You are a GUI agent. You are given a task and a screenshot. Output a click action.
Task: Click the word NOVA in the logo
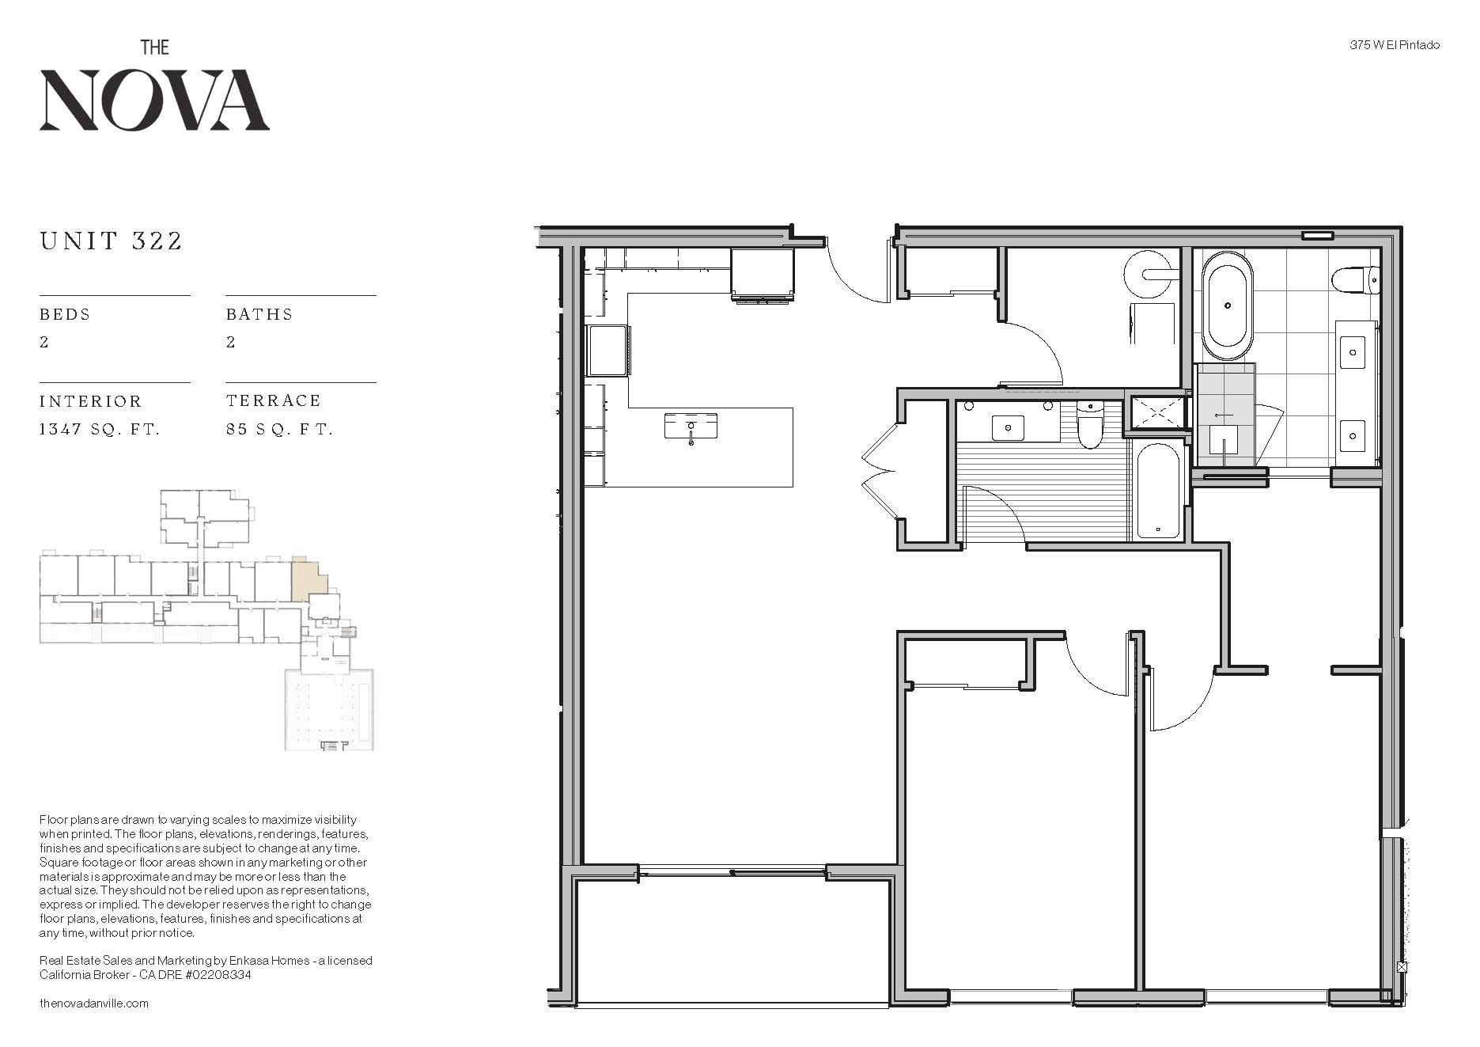point(154,100)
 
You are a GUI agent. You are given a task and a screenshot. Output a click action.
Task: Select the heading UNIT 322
point(112,241)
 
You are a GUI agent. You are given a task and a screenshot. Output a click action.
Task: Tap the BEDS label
point(65,314)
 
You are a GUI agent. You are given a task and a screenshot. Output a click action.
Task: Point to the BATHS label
point(259,314)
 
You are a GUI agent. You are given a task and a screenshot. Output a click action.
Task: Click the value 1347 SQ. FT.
point(100,429)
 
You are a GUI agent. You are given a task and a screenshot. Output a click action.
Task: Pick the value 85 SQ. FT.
point(279,429)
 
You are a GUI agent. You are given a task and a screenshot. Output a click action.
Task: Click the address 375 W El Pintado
point(1395,45)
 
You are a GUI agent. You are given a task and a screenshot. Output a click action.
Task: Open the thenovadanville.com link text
point(94,1003)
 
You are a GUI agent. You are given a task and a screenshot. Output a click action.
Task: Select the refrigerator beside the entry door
point(762,274)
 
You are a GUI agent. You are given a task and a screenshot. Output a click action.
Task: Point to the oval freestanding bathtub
point(1227,305)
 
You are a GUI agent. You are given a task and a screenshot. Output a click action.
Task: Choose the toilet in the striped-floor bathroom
point(1090,423)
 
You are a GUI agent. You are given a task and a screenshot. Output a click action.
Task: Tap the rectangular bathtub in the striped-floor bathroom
point(1158,491)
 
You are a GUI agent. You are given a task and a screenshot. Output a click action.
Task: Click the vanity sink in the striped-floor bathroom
point(1008,427)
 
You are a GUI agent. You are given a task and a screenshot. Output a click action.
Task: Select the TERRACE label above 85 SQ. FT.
point(274,400)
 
